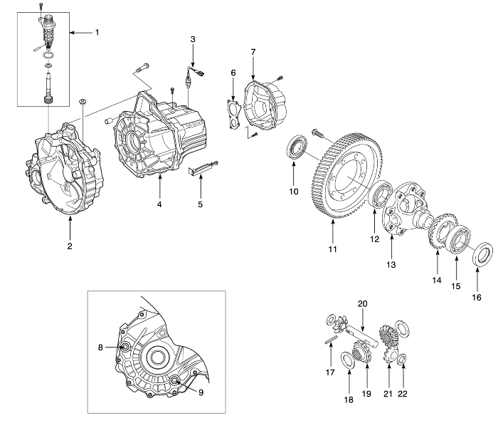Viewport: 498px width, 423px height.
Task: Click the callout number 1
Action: pyautogui.click(x=98, y=33)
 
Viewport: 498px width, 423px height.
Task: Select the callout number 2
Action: pyautogui.click(x=70, y=246)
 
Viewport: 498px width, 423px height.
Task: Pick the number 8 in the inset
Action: pyautogui.click(x=101, y=347)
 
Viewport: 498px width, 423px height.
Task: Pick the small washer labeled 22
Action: pyautogui.click(x=401, y=358)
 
